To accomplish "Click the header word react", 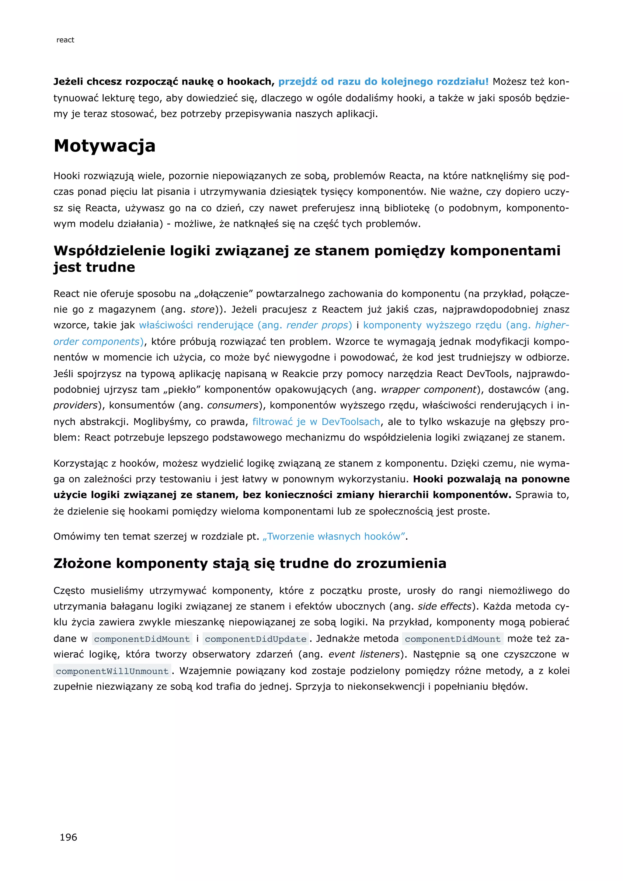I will (x=65, y=40).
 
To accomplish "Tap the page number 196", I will (x=68, y=837).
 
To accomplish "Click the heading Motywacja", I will (x=104, y=146).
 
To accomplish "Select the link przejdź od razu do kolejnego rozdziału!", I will (x=383, y=82).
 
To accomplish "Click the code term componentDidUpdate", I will (x=256, y=639).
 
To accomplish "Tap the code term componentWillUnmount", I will (x=112, y=671).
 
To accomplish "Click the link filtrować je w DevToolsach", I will (x=316, y=422).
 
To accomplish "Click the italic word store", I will (x=202, y=310).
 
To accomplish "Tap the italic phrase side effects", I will (x=444, y=606).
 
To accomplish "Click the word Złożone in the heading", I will (x=82, y=563).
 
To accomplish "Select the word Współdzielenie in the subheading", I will (x=109, y=251).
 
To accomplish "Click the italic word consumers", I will (x=233, y=406).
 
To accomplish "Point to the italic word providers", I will (x=75, y=406).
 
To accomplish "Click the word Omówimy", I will (x=77, y=536).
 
